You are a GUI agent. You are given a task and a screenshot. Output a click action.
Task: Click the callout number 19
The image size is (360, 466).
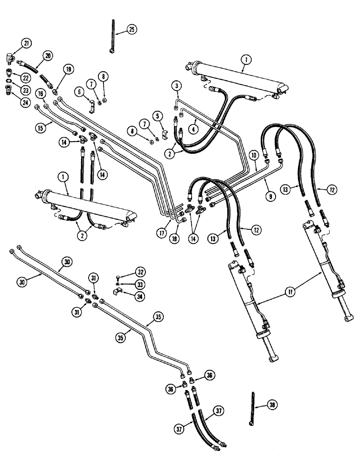pyautogui.click(x=69, y=70)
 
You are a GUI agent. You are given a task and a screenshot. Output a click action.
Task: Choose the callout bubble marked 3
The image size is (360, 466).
pyautogui.click(x=176, y=85)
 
